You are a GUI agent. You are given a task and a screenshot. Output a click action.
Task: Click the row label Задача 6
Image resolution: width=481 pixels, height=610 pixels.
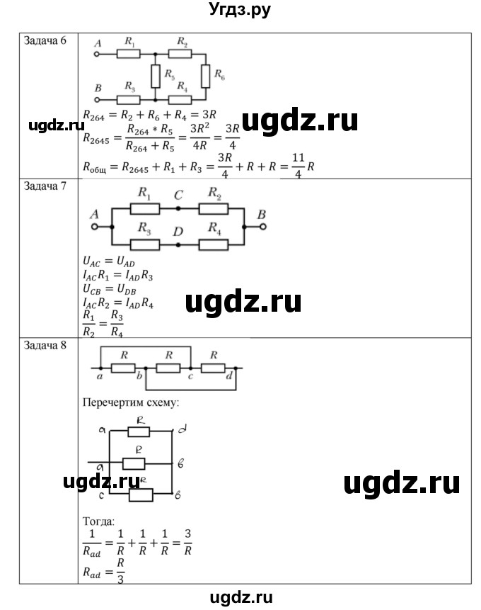(x=46, y=40)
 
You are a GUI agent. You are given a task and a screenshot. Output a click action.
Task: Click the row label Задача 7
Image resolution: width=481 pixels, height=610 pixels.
(x=46, y=187)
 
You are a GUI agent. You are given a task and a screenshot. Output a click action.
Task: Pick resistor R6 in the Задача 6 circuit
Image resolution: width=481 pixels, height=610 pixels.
(x=205, y=74)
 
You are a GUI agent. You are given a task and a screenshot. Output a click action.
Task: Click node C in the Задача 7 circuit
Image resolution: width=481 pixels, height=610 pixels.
(x=178, y=209)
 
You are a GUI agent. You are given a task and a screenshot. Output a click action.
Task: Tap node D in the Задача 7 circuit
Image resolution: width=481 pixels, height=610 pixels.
(x=178, y=244)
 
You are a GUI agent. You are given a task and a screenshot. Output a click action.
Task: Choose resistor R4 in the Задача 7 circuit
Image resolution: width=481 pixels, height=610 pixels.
(x=212, y=244)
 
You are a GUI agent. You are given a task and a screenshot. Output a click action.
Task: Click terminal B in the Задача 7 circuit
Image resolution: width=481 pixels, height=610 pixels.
(x=262, y=227)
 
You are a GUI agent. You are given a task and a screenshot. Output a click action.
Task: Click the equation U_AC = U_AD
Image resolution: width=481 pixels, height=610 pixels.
(x=107, y=262)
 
